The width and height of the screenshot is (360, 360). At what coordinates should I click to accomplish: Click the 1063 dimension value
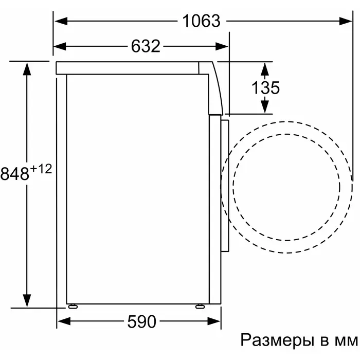pos(202,21)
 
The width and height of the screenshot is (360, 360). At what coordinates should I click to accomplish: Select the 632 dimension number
pos(146,46)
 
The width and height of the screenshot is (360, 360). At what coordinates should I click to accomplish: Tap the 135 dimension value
pos(266,87)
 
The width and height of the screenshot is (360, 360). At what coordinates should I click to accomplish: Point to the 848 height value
pos(15,173)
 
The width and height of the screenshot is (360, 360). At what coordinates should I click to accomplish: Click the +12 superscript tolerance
pos(41,170)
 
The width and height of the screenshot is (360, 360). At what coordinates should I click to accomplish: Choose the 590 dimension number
pos(141,321)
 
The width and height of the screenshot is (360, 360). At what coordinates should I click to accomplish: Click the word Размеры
pos(278,340)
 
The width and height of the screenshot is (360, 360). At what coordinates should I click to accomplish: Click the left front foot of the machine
pos(73,306)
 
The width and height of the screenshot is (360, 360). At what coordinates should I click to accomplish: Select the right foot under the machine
pos(200,306)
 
